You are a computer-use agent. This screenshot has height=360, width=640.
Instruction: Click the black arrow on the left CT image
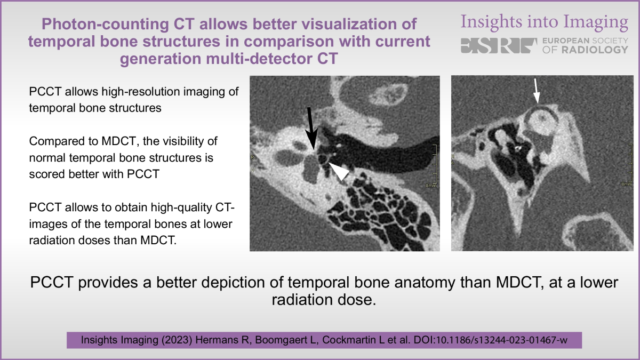tap(311, 129)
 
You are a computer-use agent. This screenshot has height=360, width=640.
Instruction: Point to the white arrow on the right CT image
tap(537, 91)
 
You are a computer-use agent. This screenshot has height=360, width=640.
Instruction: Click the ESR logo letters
tap(499, 46)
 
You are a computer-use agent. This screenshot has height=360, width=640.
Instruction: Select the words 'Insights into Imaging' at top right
tap(545, 22)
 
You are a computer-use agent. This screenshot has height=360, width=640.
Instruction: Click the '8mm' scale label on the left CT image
tap(431, 186)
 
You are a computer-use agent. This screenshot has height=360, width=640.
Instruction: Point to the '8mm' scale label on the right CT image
tap(627, 185)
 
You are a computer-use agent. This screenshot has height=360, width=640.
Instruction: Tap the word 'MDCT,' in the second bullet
tap(120, 141)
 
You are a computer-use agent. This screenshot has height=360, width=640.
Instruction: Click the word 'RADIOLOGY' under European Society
tap(595, 50)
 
